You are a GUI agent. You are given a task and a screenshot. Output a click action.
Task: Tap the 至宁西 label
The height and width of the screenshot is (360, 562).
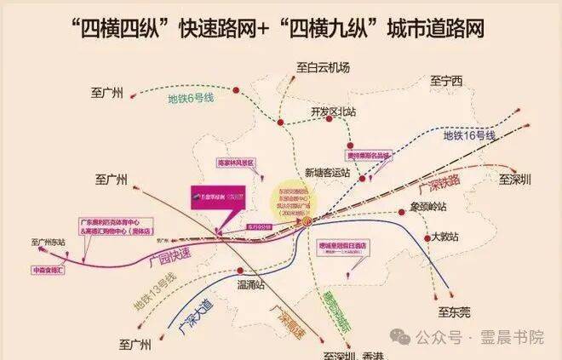[444, 82]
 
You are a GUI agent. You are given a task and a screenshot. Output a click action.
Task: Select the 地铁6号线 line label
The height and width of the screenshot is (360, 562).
[190, 100]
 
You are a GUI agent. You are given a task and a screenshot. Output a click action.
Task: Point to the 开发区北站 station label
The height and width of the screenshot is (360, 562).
[333, 111]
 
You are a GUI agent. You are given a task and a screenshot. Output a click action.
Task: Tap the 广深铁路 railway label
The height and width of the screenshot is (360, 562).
[439, 182]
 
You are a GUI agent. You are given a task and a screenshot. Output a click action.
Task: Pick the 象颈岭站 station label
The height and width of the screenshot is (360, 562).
[428, 206]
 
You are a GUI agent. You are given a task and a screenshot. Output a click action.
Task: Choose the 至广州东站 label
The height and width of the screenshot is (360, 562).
[49, 242]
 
